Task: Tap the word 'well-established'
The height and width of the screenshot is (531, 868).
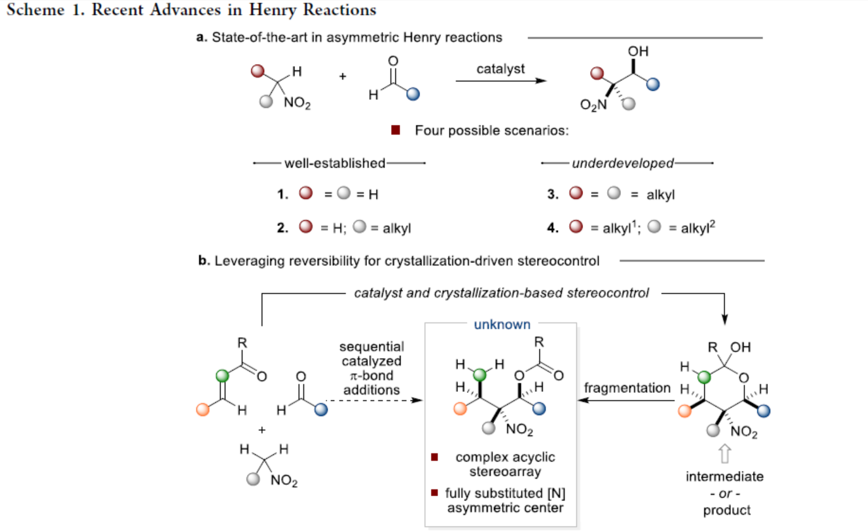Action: pyautogui.click(x=335, y=163)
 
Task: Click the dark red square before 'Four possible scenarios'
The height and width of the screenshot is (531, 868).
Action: pyautogui.click(x=396, y=131)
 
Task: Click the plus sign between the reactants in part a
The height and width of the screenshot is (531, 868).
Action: pyautogui.click(x=343, y=76)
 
